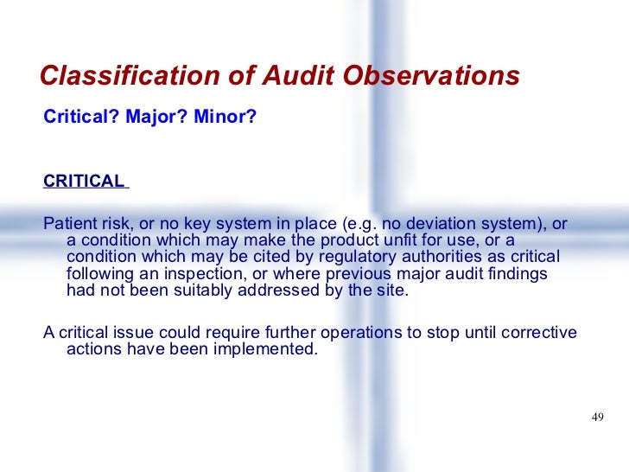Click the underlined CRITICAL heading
pos(84,182)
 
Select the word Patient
pos(71,224)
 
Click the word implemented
pos(266,352)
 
